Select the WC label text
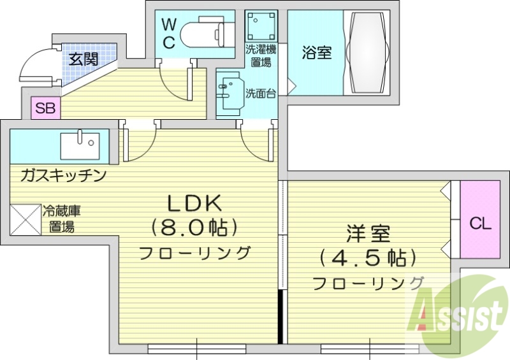169,33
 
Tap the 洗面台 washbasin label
261,93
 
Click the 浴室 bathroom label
316,53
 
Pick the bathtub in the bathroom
367,52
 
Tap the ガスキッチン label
63,175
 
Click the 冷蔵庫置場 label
61,218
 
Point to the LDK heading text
194,203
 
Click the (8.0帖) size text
194,226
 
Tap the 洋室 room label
368,234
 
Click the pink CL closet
479,222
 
